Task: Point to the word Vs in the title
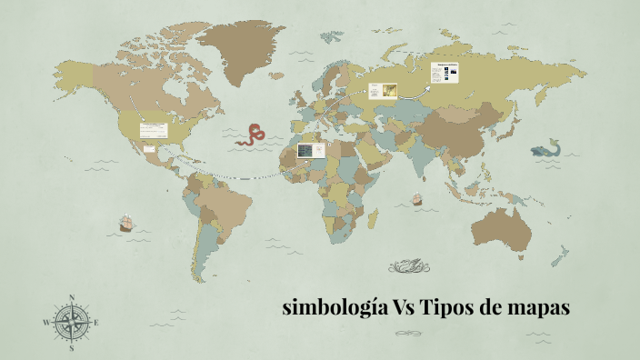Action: pos(405,309)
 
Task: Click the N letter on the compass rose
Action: pos(72,297)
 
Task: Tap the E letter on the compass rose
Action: pos(97,323)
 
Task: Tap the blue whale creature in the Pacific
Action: pos(546,148)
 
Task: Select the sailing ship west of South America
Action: pos(125,222)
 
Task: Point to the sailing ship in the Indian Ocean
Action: pos(417,197)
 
